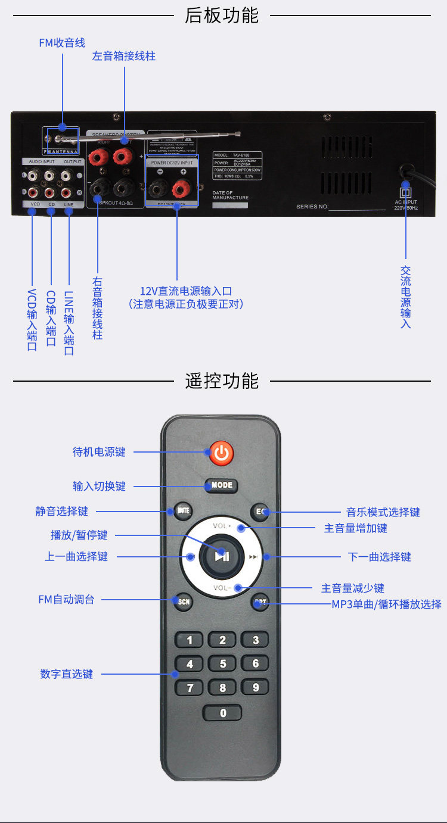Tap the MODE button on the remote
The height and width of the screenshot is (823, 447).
click(x=222, y=485)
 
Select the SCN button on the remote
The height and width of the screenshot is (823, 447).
click(x=184, y=601)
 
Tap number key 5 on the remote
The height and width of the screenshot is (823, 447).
click(x=223, y=664)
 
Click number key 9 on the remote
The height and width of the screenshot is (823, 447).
click(x=256, y=688)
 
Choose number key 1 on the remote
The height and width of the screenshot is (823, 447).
click(x=190, y=641)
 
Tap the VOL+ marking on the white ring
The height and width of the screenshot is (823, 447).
click(x=222, y=526)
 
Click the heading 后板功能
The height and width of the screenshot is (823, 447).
click(x=222, y=15)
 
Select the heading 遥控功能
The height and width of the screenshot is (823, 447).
click(x=222, y=381)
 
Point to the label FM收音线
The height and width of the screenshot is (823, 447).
click(x=62, y=43)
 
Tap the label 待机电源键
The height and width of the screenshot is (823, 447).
click(x=99, y=452)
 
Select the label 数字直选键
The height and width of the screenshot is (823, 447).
click(x=67, y=674)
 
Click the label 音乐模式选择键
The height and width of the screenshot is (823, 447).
click(x=383, y=512)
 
